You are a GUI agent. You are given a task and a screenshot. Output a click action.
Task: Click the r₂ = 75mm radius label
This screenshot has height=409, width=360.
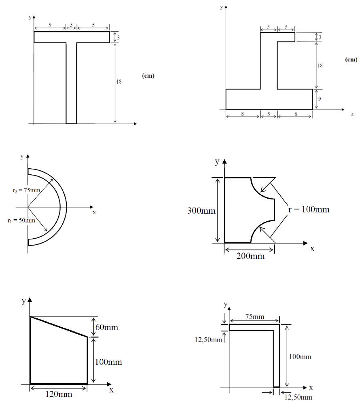[x=26, y=190]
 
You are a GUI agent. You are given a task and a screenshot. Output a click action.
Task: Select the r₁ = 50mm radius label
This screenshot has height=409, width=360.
[x=21, y=220]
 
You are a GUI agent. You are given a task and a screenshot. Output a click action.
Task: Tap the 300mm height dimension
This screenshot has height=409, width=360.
[x=201, y=210]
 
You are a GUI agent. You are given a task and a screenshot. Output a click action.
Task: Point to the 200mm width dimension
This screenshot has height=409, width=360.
[x=250, y=256]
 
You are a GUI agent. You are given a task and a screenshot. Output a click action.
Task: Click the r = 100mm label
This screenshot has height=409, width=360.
[x=309, y=209]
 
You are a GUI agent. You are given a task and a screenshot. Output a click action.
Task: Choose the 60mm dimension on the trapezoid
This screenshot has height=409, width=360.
[x=107, y=327]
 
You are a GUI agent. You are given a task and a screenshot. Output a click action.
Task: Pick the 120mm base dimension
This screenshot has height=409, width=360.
[x=59, y=394]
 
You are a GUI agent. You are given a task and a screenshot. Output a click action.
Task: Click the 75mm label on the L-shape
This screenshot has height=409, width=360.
[x=254, y=317]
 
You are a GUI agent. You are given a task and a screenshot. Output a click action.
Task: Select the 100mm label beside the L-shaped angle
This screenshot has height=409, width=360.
[x=300, y=356]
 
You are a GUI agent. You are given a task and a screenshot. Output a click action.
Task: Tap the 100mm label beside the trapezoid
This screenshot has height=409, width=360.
[x=108, y=362]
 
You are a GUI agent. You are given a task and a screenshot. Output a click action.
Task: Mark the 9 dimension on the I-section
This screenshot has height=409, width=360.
[x=320, y=99]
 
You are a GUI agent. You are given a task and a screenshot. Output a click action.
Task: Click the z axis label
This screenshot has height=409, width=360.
[x=352, y=114]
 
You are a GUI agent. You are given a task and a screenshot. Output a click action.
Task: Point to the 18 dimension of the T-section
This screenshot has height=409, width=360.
[x=119, y=82]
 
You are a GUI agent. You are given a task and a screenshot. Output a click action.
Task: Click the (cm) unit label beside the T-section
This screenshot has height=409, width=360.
[x=148, y=76]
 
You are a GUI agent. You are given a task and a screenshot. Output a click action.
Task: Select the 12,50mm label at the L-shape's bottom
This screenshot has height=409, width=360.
[x=298, y=397]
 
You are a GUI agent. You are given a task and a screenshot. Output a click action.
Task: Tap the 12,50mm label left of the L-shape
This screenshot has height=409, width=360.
[x=208, y=339]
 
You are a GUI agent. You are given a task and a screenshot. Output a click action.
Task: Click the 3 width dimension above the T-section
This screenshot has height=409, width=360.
[x=71, y=25]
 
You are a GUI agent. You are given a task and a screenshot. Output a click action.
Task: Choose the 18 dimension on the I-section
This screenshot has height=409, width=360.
[x=320, y=66]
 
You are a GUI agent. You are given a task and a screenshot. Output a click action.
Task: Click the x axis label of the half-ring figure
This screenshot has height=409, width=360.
[x=94, y=212]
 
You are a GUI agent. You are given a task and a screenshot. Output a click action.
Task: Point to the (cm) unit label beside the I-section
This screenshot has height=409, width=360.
[x=351, y=59]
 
